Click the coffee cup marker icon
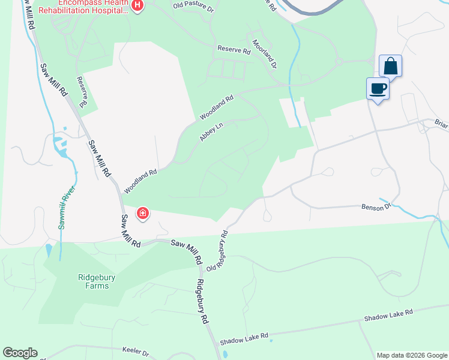point(378,89)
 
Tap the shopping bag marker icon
point(390,65)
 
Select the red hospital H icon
point(138,6)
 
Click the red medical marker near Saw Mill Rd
point(143,213)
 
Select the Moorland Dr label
point(264,53)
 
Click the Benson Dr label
point(376,206)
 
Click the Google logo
point(20,353)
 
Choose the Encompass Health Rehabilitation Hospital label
point(84,7)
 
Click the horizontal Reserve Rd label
point(234,50)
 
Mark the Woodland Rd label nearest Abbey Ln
point(216,107)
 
